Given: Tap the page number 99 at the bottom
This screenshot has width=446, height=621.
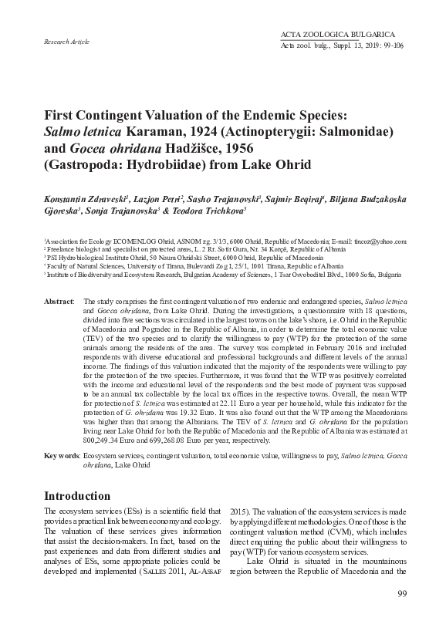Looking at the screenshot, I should [x=401, y=592].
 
